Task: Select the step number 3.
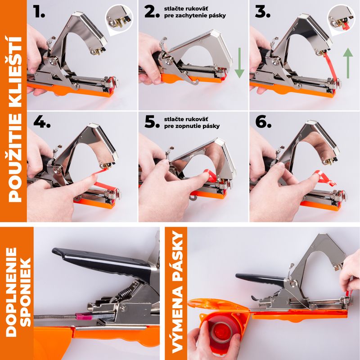(262, 12)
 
